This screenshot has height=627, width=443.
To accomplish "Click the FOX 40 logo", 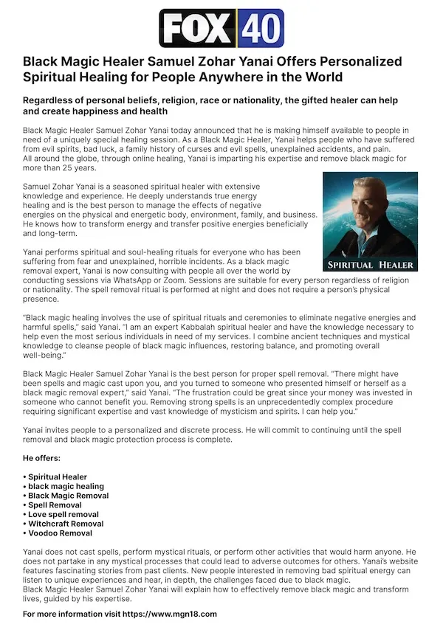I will (x=221, y=27).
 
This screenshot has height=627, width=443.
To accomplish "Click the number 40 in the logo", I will (x=258, y=28).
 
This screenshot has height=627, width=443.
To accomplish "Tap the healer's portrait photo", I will (x=370, y=221).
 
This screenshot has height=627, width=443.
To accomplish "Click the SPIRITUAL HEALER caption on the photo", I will (x=370, y=264).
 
